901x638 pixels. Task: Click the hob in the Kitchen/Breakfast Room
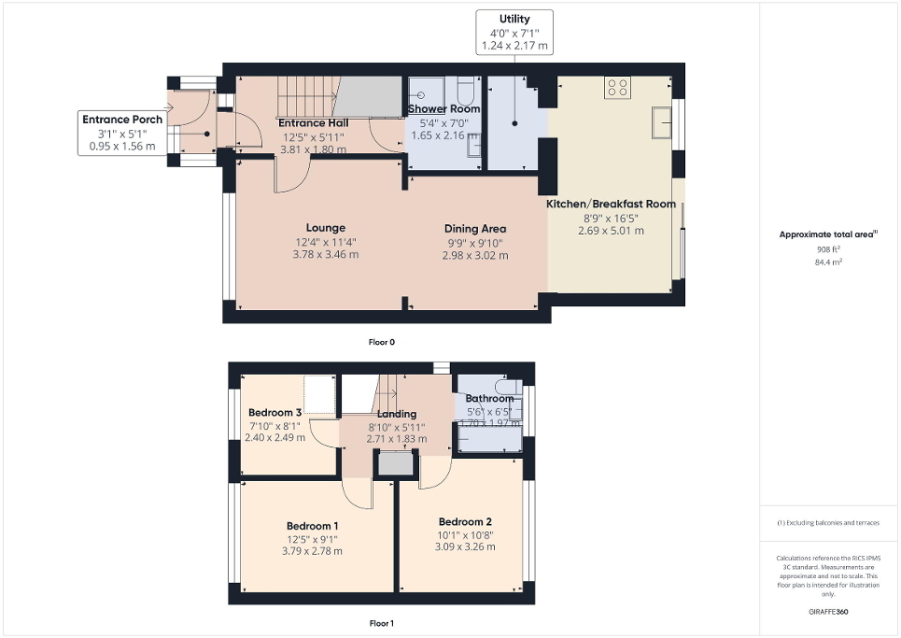pyautogui.click(x=617, y=87)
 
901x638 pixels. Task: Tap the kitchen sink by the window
pyautogui.click(x=664, y=121)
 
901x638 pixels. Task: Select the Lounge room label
pyautogui.click(x=325, y=228)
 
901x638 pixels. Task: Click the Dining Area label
pyautogui.click(x=474, y=229)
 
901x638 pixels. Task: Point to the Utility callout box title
pyautogui.click(x=514, y=19)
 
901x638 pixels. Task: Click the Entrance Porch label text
pyautogui.click(x=122, y=120)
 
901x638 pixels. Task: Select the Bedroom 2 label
pyautogui.click(x=464, y=522)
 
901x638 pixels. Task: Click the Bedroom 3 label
pyautogui.click(x=275, y=413)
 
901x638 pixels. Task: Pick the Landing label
pyautogui.click(x=396, y=414)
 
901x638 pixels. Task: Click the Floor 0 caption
pyautogui.click(x=381, y=342)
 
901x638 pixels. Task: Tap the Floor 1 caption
pyautogui.click(x=381, y=622)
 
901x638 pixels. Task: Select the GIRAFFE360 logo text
pyautogui.click(x=829, y=612)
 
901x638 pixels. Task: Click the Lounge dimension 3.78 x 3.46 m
pyautogui.click(x=325, y=254)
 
